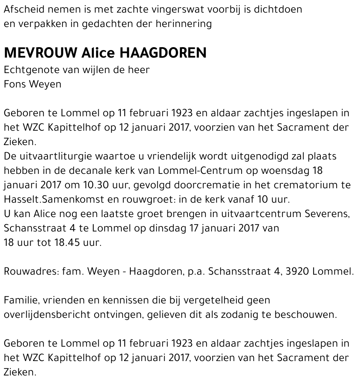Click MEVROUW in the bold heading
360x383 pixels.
coord(40,53)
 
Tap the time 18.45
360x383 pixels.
coord(68,243)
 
